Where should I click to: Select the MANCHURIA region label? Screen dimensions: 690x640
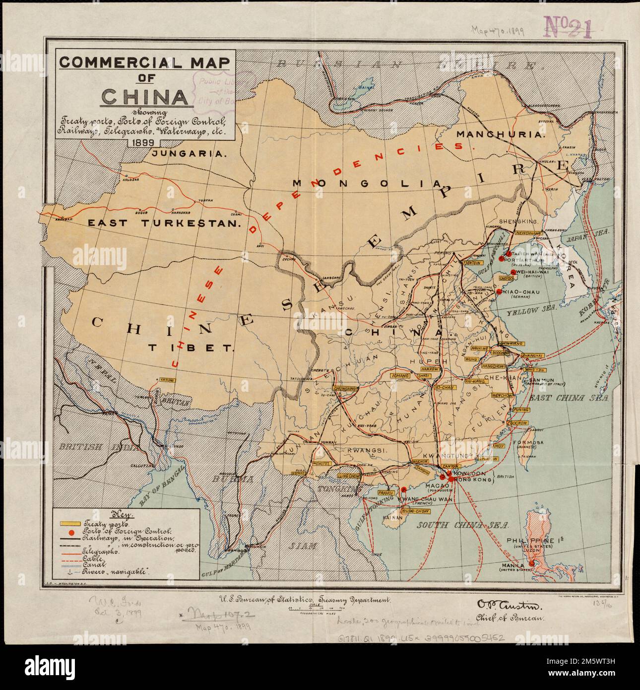coord(501,134)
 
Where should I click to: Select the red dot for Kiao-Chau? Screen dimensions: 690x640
coord(499,292)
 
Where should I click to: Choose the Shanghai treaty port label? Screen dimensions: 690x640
coord(531,356)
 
